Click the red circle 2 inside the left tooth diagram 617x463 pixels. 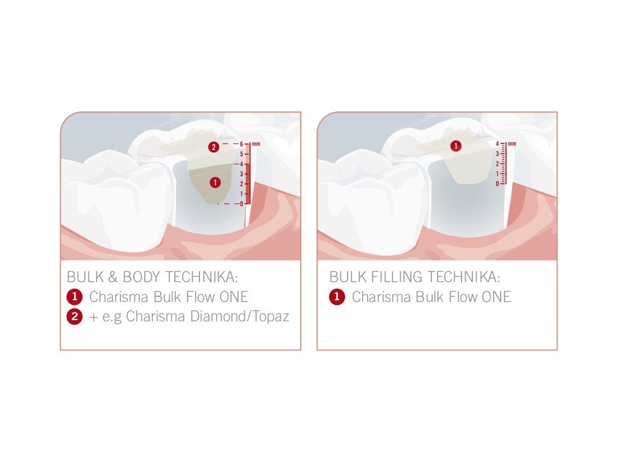click(x=214, y=147)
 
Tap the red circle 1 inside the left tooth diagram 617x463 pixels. click(x=215, y=182)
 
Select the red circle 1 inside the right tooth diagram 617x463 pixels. click(x=456, y=146)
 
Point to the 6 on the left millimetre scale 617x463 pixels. click(x=242, y=144)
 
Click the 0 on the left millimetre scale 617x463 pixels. click(x=242, y=204)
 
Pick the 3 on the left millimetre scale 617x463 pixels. click(x=242, y=174)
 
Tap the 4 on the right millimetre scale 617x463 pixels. click(x=497, y=144)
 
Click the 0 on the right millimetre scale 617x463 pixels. click(x=497, y=184)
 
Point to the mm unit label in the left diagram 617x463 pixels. click(x=255, y=143)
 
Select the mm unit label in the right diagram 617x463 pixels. click(x=512, y=143)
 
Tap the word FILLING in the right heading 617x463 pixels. click(x=396, y=277)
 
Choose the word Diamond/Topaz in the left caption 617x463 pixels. click(x=240, y=316)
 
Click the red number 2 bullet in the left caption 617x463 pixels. click(x=74, y=317)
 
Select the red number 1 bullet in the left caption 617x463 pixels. click(x=74, y=297)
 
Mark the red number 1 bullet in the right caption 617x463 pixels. click(x=337, y=297)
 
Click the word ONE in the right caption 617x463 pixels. click(x=496, y=297)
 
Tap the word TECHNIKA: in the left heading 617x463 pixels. click(x=202, y=277)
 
